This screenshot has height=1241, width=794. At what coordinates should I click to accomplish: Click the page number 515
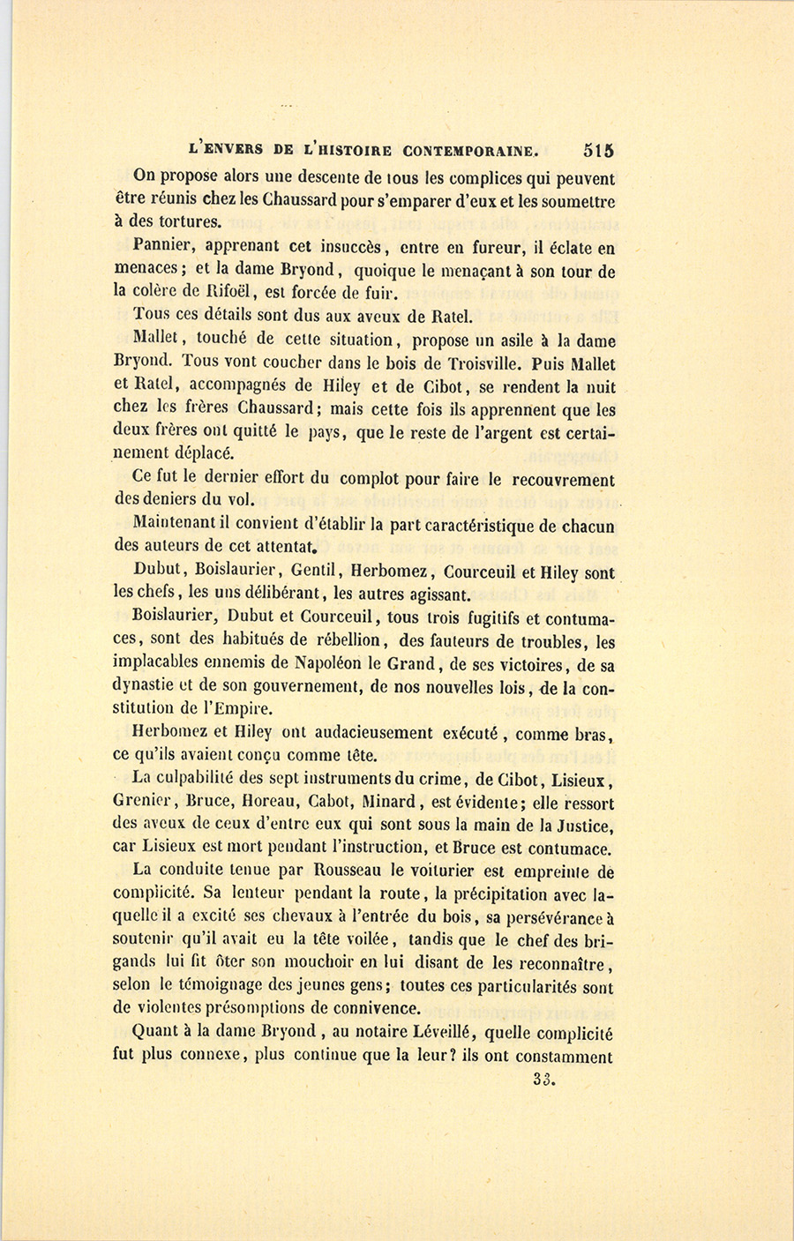point(598,150)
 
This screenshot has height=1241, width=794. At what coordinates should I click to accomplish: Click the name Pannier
point(163,248)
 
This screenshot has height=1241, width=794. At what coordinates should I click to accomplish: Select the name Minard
point(389,803)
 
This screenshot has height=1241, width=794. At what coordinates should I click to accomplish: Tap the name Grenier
point(146,803)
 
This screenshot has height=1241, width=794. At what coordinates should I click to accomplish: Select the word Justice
point(584,826)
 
